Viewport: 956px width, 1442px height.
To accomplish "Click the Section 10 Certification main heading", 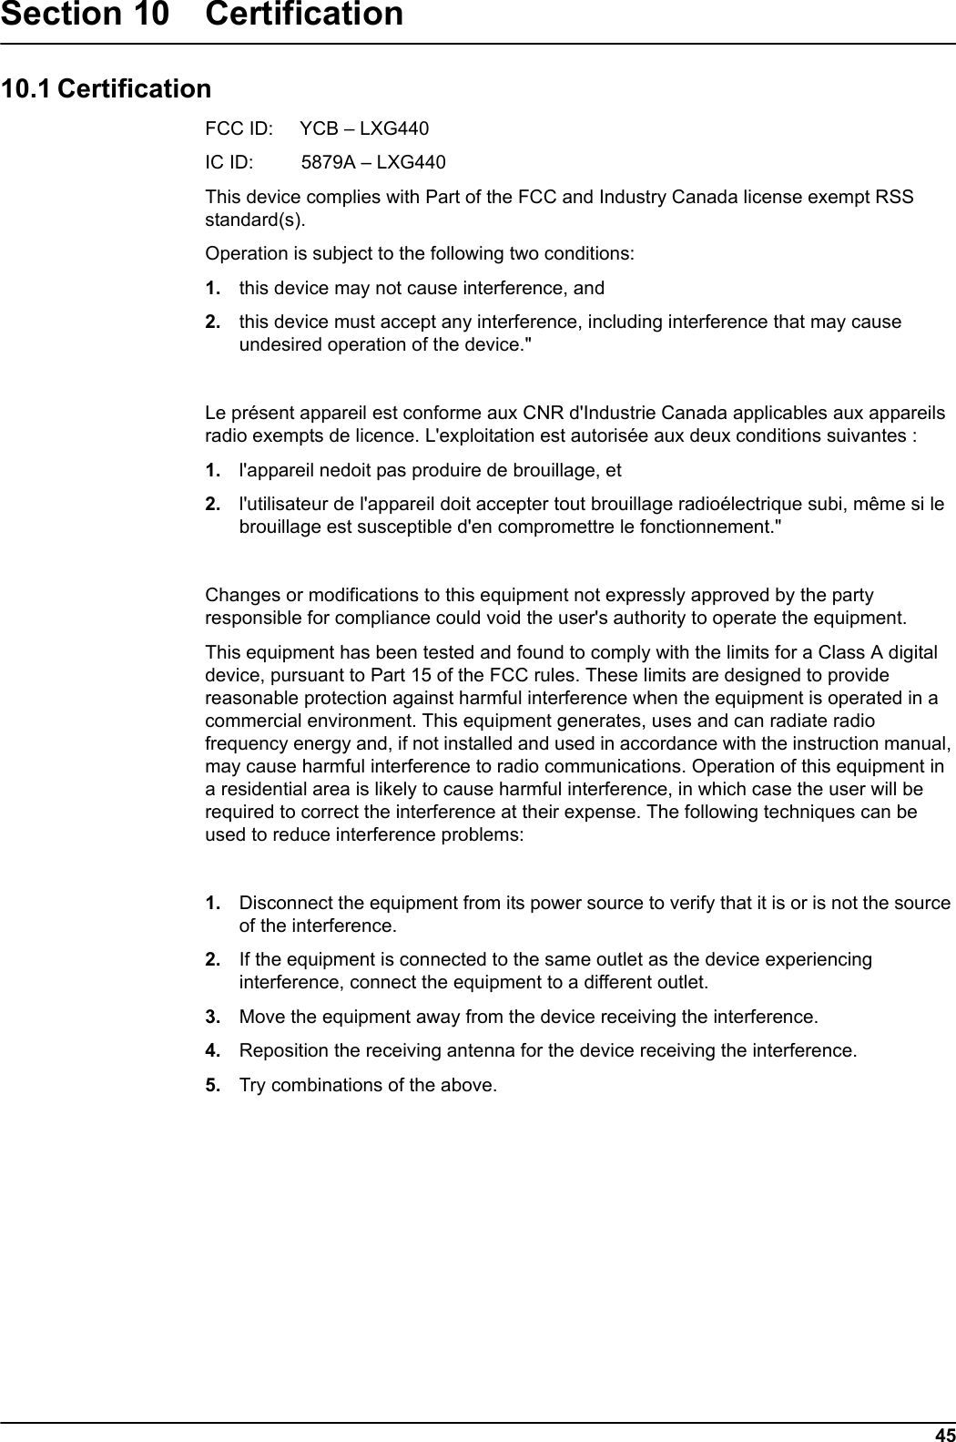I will click(201, 15).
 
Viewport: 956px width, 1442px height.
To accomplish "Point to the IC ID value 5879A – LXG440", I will click(373, 163).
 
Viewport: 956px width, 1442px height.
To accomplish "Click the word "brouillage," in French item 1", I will click(539, 471).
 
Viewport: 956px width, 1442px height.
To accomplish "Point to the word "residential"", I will click(259, 789).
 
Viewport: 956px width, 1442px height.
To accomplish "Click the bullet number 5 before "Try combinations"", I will click(212, 1086).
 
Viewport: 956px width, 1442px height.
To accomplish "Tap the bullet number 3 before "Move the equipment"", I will click(212, 1017).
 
